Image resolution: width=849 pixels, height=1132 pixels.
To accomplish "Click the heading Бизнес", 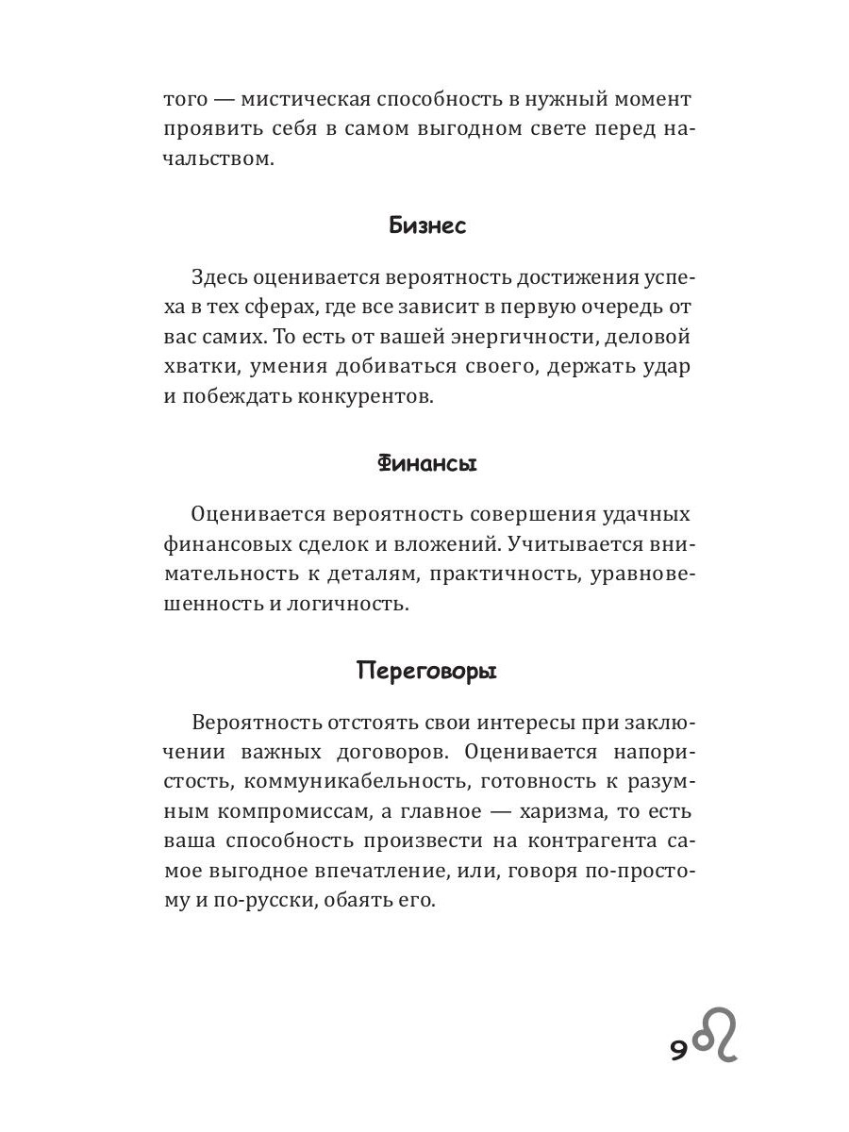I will pyautogui.click(x=427, y=226).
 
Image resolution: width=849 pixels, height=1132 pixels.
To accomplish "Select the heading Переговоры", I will pyautogui.click(x=426, y=672).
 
